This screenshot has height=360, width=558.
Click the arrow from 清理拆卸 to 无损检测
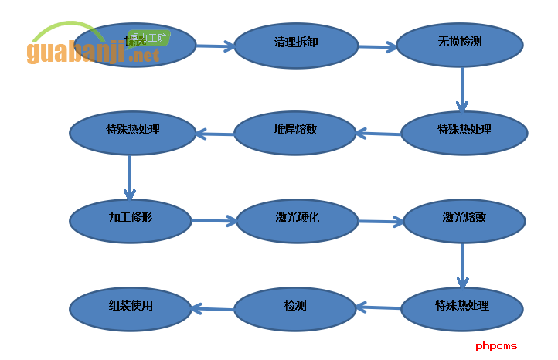378,47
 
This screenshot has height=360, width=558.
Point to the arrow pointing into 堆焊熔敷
379,134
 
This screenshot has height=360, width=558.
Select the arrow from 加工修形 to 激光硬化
214,221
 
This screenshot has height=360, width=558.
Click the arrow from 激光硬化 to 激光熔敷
381,222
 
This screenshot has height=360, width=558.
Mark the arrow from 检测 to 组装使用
213,309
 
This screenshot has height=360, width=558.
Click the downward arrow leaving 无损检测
462,90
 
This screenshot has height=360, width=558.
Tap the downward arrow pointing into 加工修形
130,178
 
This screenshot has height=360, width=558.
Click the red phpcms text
496,346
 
